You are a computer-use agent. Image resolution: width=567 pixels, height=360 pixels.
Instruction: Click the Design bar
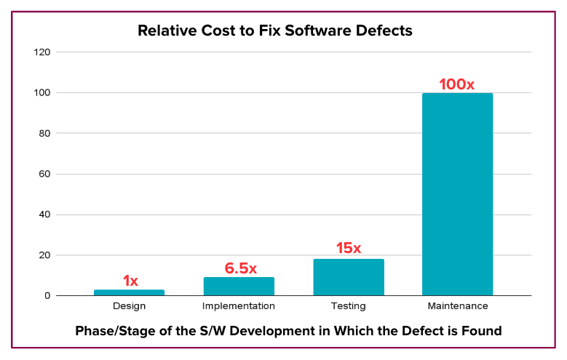(129, 292)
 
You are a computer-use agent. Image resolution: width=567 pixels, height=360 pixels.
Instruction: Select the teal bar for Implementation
(239, 287)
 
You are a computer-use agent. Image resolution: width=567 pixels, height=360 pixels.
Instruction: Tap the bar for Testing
(348, 277)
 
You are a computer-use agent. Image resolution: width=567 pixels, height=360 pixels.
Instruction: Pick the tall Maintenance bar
(457, 194)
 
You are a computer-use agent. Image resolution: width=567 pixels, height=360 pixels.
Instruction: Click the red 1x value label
(130, 281)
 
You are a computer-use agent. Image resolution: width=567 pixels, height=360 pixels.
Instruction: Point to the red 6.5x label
(240, 268)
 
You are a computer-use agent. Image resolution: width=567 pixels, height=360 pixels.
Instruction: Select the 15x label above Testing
(348, 248)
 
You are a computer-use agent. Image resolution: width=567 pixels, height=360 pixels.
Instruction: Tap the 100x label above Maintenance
(456, 84)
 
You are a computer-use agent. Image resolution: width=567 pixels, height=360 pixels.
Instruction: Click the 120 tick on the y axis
(42, 52)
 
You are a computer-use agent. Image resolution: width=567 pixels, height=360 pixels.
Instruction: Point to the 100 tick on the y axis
(42, 93)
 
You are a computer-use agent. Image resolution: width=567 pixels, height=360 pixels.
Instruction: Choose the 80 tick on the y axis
(44, 134)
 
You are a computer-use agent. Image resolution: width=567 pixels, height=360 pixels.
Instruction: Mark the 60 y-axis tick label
(44, 175)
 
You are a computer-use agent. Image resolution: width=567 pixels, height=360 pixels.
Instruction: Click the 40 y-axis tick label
(44, 215)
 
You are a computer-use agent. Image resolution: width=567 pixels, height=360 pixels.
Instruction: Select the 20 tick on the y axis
(44, 255)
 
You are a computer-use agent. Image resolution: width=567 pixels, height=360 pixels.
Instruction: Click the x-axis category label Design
(129, 307)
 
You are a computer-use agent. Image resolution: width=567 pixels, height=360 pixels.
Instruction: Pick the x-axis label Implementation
(239, 307)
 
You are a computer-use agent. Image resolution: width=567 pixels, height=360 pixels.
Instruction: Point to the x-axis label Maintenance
(457, 307)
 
